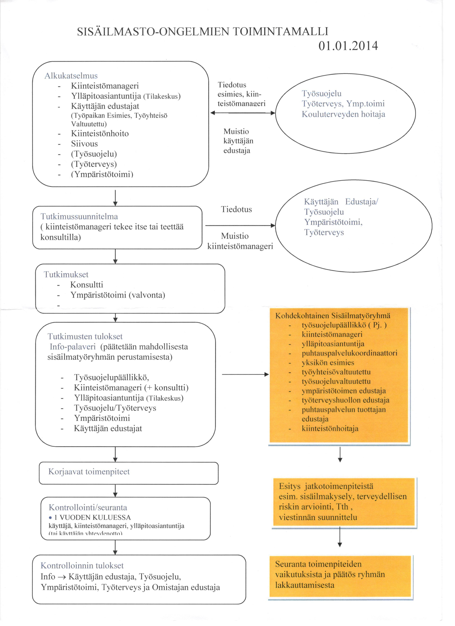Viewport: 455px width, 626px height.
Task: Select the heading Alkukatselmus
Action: coord(71,76)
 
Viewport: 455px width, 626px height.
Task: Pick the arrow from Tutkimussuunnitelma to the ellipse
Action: coord(240,226)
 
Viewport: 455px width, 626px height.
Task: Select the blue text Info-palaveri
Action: coord(73,347)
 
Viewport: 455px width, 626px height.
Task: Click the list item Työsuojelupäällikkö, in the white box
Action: coord(112,377)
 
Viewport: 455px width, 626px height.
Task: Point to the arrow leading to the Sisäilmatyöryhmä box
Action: coord(245,374)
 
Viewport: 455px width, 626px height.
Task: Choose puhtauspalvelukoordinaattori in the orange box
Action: coord(349,353)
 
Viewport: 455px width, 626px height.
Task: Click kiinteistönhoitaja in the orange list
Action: coord(330,429)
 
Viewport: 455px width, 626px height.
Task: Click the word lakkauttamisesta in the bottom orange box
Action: coord(304,585)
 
